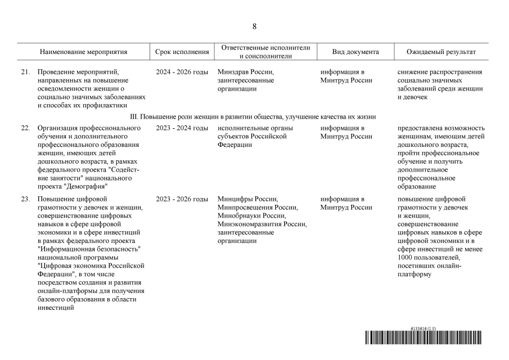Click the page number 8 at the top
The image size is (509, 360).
coord(254,26)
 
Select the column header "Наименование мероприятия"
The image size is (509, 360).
coord(83,52)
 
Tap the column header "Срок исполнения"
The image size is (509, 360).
coord(182,52)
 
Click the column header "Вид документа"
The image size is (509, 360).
coord(355,52)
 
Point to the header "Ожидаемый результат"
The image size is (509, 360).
coord(441,52)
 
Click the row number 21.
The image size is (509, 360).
coord(25,73)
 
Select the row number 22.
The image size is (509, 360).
coord(25,128)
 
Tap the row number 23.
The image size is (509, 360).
coord(25,199)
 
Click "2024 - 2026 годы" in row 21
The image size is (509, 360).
coord(182,73)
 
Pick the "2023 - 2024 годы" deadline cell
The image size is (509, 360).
coord(182,128)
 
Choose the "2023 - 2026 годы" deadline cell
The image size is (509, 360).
coord(182,199)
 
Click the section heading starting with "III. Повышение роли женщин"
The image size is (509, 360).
coord(253,116)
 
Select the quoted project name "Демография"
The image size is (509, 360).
coord(87,186)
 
